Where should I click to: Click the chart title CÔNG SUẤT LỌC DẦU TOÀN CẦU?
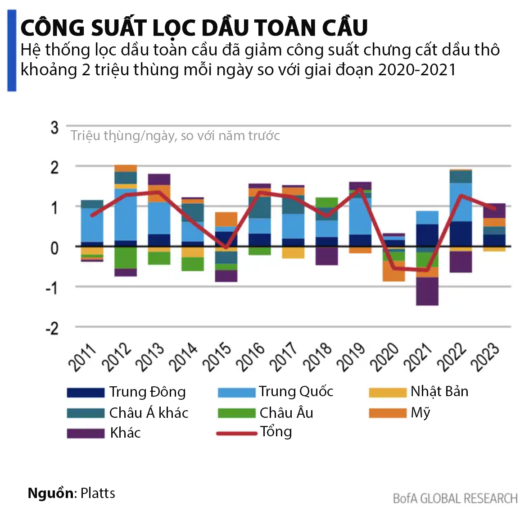click(194, 28)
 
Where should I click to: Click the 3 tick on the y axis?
click(54, 128)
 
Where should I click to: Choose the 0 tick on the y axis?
click(54, 247)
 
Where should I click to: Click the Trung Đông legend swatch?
click(86, 392)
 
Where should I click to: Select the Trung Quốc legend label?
click(296, 392)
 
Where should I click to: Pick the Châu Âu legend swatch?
click(236, 413)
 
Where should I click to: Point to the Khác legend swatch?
click(86, 433)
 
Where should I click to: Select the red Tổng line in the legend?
click(236, 434)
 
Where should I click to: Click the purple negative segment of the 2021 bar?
click(427, 291)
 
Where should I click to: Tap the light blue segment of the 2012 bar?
click(126, 215)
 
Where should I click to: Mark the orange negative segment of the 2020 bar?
click(393, 271)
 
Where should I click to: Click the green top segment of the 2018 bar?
click(327, 202)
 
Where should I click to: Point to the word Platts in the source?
click(98, 493)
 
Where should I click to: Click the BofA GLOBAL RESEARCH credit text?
click(455, 499)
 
